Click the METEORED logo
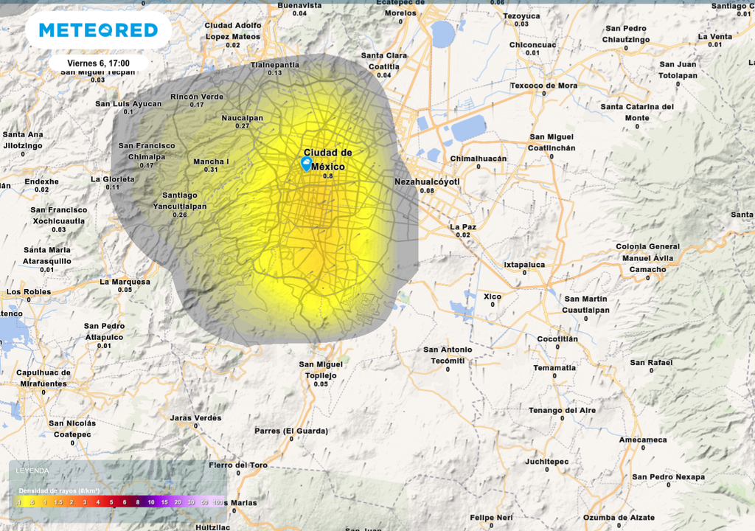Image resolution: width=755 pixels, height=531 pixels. coord(98,30)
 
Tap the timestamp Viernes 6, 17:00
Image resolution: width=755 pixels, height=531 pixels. coord(98,63)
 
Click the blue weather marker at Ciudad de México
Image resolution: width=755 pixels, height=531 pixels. coord(306,164)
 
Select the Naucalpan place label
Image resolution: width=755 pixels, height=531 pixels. coord(242,117)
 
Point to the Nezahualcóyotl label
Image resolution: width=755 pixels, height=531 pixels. coord(427,181)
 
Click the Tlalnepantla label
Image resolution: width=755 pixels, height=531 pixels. coord(275,64)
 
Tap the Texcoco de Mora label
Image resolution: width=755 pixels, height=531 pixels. coord(544,86)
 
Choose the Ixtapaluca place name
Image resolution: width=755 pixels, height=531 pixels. coord(524,263)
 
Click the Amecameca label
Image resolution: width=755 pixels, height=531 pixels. coord(642,440)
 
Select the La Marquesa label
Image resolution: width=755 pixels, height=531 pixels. coord(125,281)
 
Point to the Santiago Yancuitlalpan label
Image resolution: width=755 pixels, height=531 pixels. coord(179,201)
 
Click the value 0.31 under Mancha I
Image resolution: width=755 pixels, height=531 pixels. coord(211,170)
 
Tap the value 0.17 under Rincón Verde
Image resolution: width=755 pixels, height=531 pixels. coord(197,105)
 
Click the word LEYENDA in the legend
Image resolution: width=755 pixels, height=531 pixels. coord(33,470)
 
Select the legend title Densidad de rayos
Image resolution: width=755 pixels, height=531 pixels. coord(59,490)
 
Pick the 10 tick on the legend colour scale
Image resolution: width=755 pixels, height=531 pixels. coord(151,502)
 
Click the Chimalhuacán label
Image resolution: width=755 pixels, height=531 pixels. coord(479,159)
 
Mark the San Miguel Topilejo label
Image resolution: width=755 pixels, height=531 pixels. coord(321,369)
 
